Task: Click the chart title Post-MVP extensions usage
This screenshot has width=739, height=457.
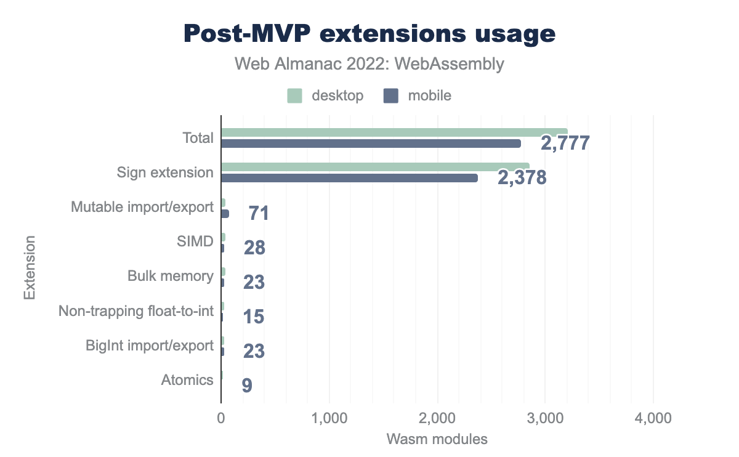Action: (369, 34)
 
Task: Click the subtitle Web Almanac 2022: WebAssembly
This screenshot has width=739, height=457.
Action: (369, 63)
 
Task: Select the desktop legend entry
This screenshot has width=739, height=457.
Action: (326, 95)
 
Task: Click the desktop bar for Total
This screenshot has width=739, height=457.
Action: (394, 132)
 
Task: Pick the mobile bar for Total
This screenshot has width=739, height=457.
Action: (371, 144)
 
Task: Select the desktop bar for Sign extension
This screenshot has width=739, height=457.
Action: (375, 166)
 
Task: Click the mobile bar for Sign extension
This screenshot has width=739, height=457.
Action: (349, 178)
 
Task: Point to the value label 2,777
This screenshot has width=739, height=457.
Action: (565, 144)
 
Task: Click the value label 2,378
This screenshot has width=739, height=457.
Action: (522, 179)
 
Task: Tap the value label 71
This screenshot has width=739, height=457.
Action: (259, 214)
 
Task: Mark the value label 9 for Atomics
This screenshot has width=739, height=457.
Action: (246, 386)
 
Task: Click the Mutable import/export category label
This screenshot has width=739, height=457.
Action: (142, 207)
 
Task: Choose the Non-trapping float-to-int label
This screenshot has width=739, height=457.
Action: (136, 311)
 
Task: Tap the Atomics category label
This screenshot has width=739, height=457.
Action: (187, 380)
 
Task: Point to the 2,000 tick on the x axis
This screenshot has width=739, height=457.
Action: (437, 419)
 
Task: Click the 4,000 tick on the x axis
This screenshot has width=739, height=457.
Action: (653, 419)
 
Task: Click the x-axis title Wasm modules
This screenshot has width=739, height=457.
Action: (437, 440)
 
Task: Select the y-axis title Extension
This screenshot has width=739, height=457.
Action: (29, 267)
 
